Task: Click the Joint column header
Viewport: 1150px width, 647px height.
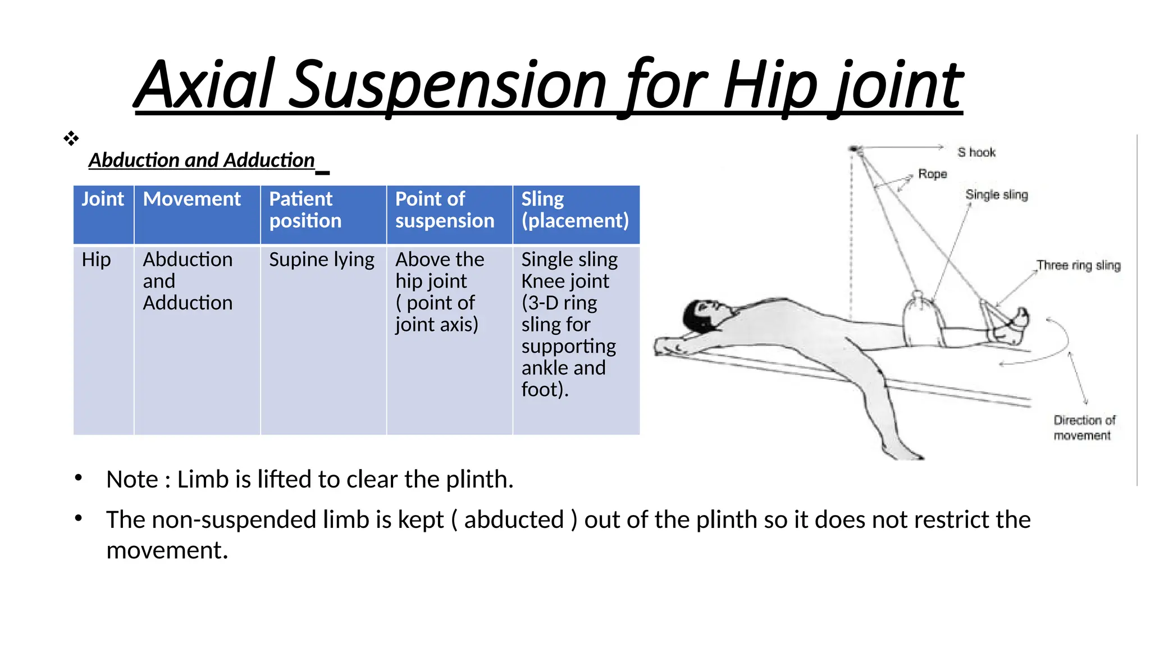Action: tap(103, 199)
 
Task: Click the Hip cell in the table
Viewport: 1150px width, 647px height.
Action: tap(97, 259)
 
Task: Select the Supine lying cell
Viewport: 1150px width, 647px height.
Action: tap(321, 259)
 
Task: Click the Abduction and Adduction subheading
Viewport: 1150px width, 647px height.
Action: tap(202, 160)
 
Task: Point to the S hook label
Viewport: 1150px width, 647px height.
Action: tap(976, 152)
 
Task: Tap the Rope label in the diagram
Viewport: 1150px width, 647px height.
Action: tap(932, 174)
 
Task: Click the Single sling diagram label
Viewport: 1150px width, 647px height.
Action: tap(996, 195)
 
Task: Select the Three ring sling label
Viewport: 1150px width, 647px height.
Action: tap(1078, 265)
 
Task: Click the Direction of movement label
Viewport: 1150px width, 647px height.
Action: tap(1084, 427)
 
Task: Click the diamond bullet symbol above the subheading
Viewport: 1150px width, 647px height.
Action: tap(71, 138)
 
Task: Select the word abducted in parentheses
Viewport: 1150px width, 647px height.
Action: tap(514, 520)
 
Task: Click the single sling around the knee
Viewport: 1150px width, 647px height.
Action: tap(921, 320)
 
